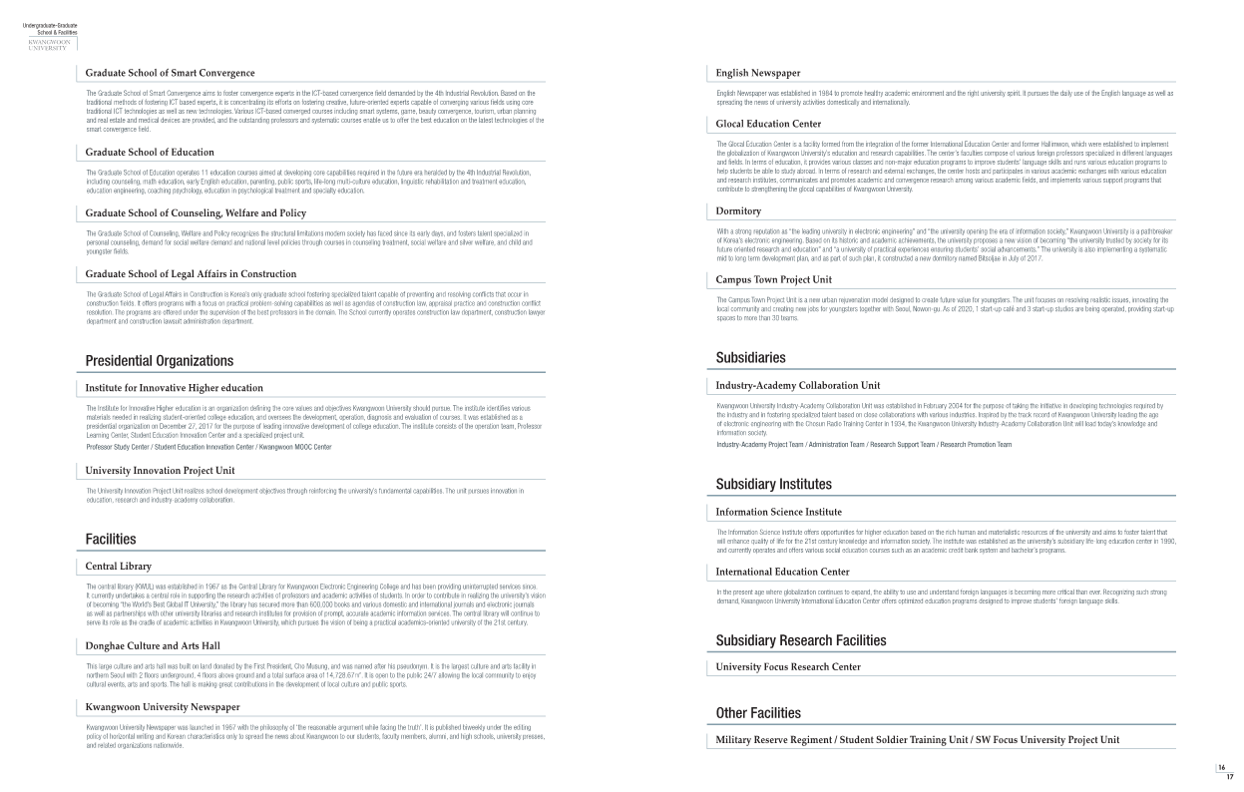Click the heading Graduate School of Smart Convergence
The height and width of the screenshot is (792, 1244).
click(x=170, y=73)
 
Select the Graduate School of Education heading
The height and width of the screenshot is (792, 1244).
click(x=150, y=153)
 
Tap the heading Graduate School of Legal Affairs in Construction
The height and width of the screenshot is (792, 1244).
click(x=191, y=273)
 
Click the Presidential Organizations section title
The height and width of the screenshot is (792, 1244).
click(x=160, y=360)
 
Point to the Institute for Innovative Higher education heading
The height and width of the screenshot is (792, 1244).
click(x=175, y=387)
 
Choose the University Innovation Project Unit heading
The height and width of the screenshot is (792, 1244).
click(x=161, y=469)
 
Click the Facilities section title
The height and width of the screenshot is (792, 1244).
click(x=111, y=539)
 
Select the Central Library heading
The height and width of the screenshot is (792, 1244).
click(x=119, y=566)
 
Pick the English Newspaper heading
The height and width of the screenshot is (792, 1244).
click(x=758, y=73)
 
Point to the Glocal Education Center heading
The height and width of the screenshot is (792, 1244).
click(x=769, y=124)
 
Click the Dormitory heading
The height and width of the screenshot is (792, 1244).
click(x=739, y=210)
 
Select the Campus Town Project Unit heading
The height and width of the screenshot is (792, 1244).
click(x=774, y=279)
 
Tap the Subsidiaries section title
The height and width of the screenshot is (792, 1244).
click(x=751, y=357)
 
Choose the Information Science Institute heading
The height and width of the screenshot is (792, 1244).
click(x=779, y=512)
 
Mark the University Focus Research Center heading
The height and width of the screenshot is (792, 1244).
click(x=788, y=666)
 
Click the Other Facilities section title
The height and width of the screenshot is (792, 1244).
click(x=758, y=712)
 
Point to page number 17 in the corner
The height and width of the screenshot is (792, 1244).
click(x=1229, y=776)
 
